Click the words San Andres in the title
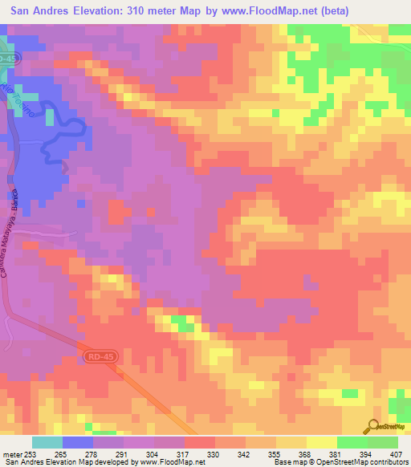point(39,11)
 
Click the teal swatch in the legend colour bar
point(47,442)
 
